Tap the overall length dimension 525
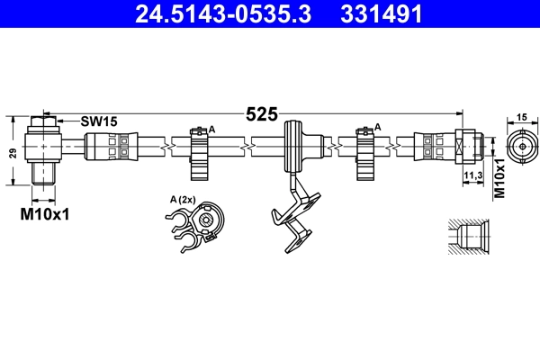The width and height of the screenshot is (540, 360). coord(262,114)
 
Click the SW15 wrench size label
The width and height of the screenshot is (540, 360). coord(99,120)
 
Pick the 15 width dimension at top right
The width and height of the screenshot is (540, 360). coord(521,117)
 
